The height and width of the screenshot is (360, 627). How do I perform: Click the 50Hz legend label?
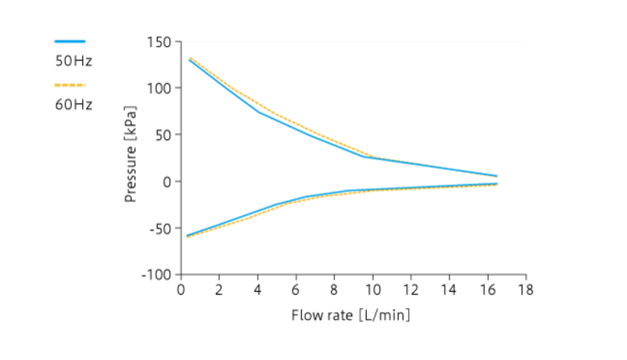(x=74, y=62)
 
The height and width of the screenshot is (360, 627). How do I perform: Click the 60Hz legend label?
(x=74, y=104)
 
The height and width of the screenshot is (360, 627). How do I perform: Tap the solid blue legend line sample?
(x=70, y=41)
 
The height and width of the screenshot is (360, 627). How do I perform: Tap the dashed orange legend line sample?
(x=70, y=85)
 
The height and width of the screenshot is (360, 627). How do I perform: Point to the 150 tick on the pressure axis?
(x=160, y=42)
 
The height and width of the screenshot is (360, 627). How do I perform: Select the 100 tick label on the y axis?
(x=160, y=88)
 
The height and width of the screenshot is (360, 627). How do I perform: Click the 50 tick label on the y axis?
(x=163, y=135)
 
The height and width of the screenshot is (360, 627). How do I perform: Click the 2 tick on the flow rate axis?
(x=219, y=290)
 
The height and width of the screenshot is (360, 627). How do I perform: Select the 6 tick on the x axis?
(x=296, y=290)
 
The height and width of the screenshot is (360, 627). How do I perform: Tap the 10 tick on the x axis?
(x=372, y=290)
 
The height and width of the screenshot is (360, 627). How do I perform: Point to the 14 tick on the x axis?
(x=449, y=290)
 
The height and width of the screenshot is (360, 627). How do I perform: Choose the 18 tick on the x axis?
(x=526, y=290)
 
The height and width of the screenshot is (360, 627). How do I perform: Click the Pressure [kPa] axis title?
(x=131, y=154)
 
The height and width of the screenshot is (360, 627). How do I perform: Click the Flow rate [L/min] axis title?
(x=351, y=315)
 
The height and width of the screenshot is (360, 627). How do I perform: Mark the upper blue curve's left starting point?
(x=189, y=59)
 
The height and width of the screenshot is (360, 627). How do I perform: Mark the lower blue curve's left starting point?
(x=188, y=235)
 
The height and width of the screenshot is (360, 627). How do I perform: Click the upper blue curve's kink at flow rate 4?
(x=258, y=112)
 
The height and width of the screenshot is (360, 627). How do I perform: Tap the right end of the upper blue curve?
(x=496, y=175)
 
